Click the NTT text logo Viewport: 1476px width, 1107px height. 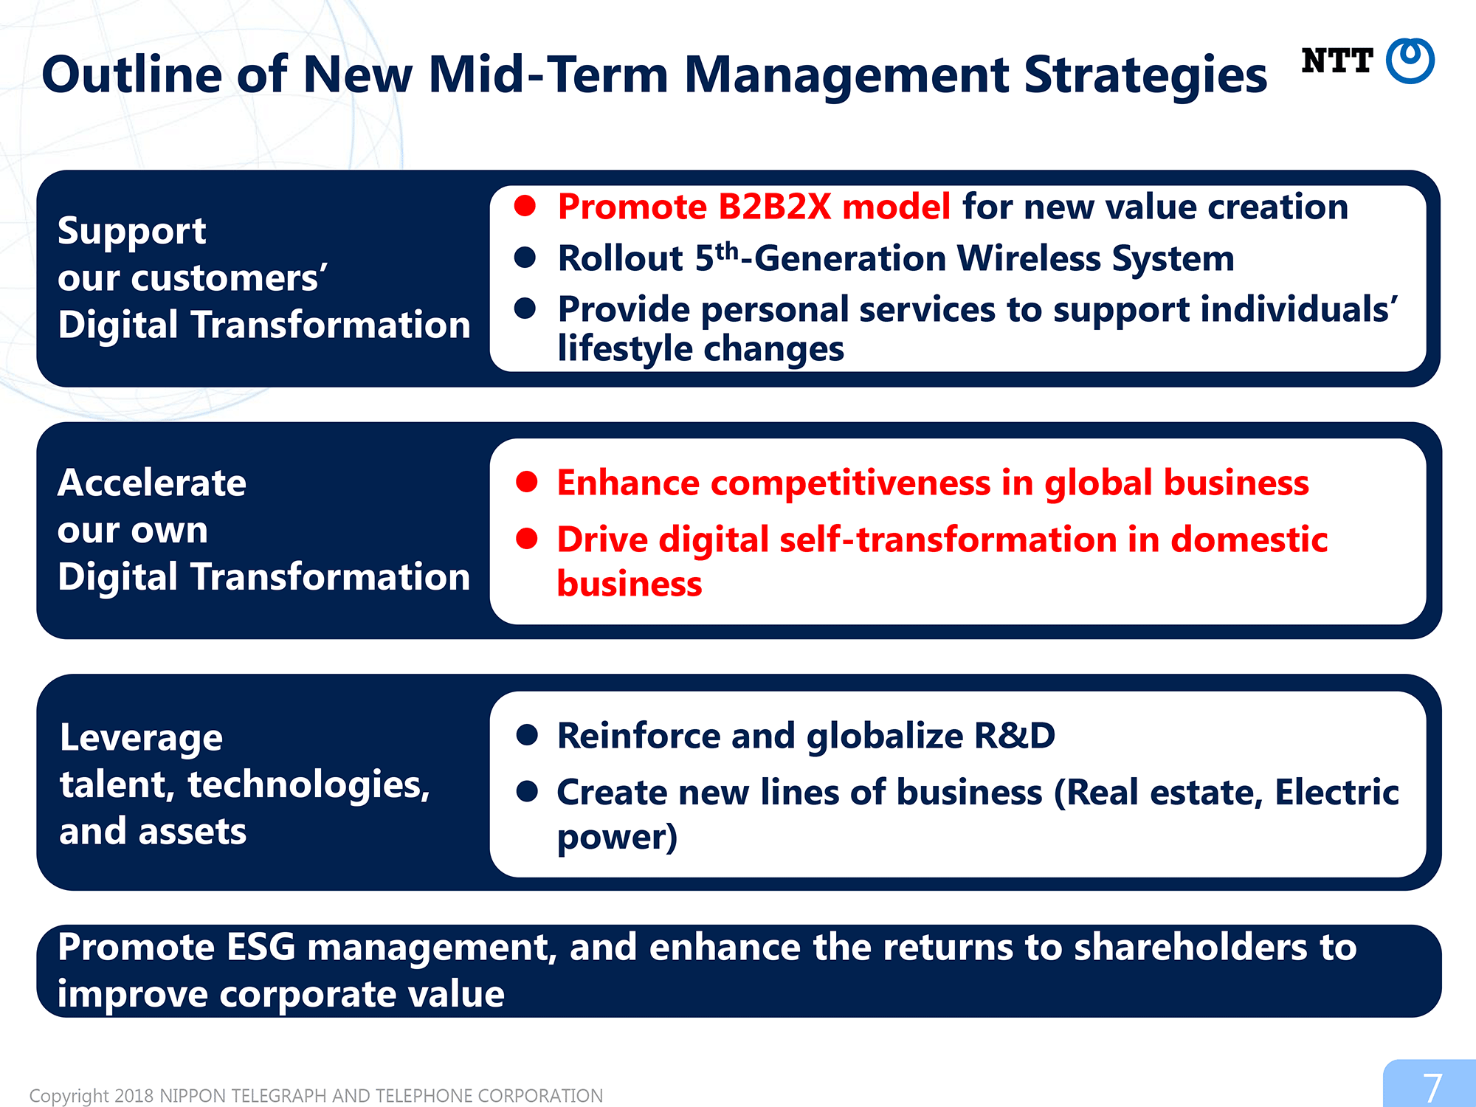1337,61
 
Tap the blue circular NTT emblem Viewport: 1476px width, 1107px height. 1410,61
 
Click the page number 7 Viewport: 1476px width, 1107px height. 1432,1087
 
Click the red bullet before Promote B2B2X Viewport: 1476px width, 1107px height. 525,206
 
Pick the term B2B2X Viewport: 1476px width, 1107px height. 775,207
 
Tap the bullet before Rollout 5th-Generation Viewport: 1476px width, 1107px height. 525,258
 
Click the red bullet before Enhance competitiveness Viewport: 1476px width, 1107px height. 527,482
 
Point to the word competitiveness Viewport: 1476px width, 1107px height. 848,483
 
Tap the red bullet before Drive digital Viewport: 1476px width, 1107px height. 527,539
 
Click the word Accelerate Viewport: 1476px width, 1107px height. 152,483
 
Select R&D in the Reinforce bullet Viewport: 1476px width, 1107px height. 1015,736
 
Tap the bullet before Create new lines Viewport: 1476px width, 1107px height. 527,792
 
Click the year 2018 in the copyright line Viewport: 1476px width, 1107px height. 134,1096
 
